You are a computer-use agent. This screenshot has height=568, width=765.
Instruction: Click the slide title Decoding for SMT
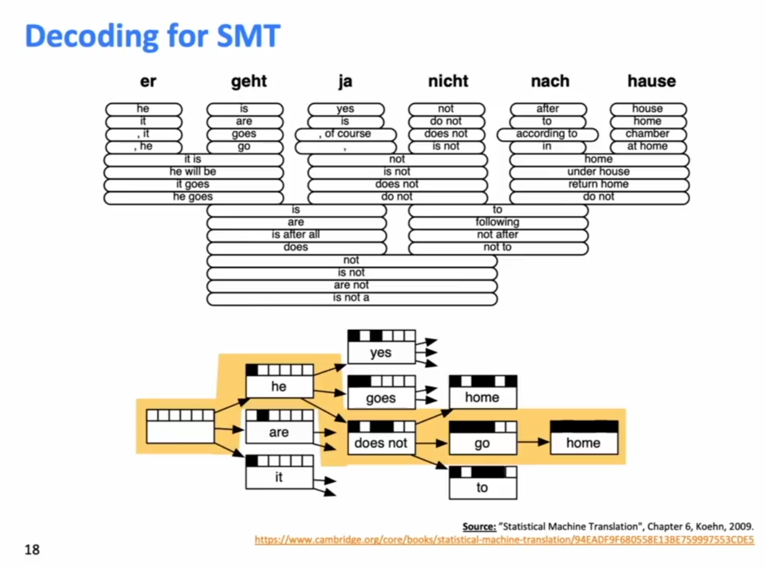pyautogui.click(x=153, y=37)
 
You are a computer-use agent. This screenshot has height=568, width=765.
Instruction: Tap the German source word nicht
pyautogui.click(x=448, y=81)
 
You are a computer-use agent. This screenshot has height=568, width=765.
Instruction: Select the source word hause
pyautogui.click(x=652, y=81)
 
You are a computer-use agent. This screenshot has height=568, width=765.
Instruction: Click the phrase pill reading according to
pyautogui.click(x=547, y=135)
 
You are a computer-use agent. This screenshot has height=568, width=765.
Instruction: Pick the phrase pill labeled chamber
pyautogui.click(x=648, y=135)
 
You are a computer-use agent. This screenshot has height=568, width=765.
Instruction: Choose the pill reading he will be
pyautogui.click(x=193, y=172)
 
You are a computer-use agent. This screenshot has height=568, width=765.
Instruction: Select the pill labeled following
pyautogui.click(x=498, y=223)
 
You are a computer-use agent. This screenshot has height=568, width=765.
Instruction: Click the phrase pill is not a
pyautogui.click(x=352, y=298)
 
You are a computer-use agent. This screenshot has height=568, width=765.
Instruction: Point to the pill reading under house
pyautogui.click(x=599, y=172)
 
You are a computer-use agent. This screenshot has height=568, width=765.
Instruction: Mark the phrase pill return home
pyautogui.click(x=599, y=185)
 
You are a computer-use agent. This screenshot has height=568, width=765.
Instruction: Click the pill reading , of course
pyautogui.click(x=345, y=135)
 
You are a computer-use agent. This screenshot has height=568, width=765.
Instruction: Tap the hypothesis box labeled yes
pyautogui.click(x=381, y=347)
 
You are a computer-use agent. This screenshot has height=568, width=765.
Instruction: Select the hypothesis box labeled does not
pyautogui.click(x=381, y=438)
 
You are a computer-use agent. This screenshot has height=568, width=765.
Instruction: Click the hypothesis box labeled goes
pyautogui.click(x=381, y=393)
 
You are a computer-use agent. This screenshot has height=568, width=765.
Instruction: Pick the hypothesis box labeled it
pyautogui.click(x=280, y=472)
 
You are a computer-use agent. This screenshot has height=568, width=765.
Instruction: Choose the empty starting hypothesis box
pyautogui.click(x=180, y=426)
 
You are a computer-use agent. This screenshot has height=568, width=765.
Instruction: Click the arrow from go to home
pyautogui.click(x=533, y=442)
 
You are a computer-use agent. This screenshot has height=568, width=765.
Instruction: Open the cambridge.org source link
pyautogui.click(x=504, y=539)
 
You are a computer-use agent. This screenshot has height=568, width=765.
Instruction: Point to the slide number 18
pyautogui.click(x=32, y=550)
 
